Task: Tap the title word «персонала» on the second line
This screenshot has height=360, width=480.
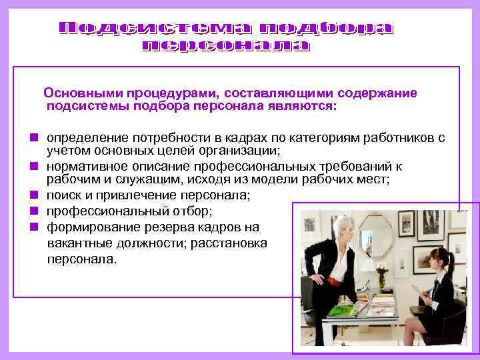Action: pos(227,45)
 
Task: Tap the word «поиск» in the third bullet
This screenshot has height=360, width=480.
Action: pos(63,195)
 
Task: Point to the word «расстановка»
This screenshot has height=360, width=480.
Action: pos(229,243)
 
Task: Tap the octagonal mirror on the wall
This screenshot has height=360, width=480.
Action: pos(375,234)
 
